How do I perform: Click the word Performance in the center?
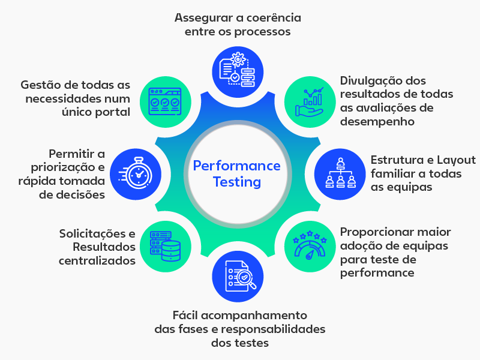point(237,166)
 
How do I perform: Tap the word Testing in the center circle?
point(237,181)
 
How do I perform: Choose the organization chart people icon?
point(339,173)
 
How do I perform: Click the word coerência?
point(271,17)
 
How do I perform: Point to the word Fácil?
point(186,315)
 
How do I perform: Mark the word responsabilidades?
point(273,329)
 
